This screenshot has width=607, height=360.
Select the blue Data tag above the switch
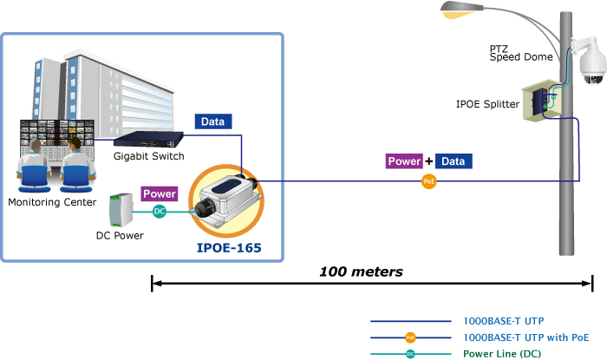click(212, 122)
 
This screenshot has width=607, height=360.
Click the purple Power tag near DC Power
click(159, 194)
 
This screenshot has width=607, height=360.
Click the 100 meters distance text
click(361, 272)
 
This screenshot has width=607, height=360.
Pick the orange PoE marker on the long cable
click(428, 181)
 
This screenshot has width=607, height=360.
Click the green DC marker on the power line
click(159, 211)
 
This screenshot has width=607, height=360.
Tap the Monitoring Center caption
click(45, 202)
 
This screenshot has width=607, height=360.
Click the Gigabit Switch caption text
click(148, 157)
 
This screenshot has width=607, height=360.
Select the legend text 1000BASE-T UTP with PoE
click(526, 337)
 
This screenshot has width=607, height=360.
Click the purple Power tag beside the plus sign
click(404, 161)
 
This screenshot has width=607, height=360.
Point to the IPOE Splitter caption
click(487, 104)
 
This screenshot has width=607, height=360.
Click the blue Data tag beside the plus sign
click(454, 161)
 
